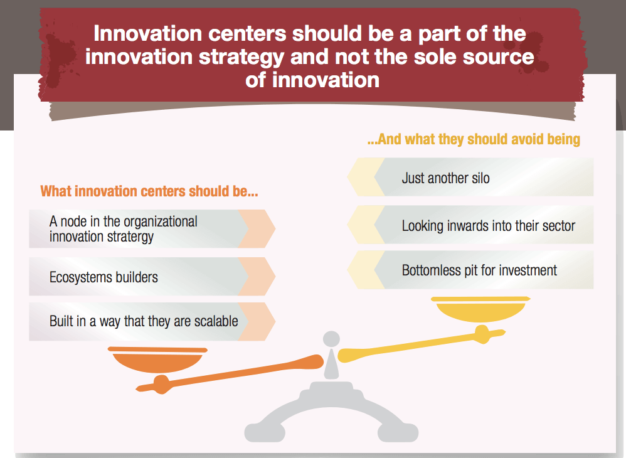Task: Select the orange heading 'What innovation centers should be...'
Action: point(149,191)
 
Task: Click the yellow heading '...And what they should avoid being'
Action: point(474,139)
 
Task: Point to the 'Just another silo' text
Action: point(445,178)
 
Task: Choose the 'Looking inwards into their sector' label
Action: point(488,226)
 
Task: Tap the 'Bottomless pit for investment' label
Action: point(479,270)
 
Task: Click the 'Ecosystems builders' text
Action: point(103,277)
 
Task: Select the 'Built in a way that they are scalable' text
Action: point(144,321)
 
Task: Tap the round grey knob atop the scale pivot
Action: point(331,339)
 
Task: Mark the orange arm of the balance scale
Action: point(230,373)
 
